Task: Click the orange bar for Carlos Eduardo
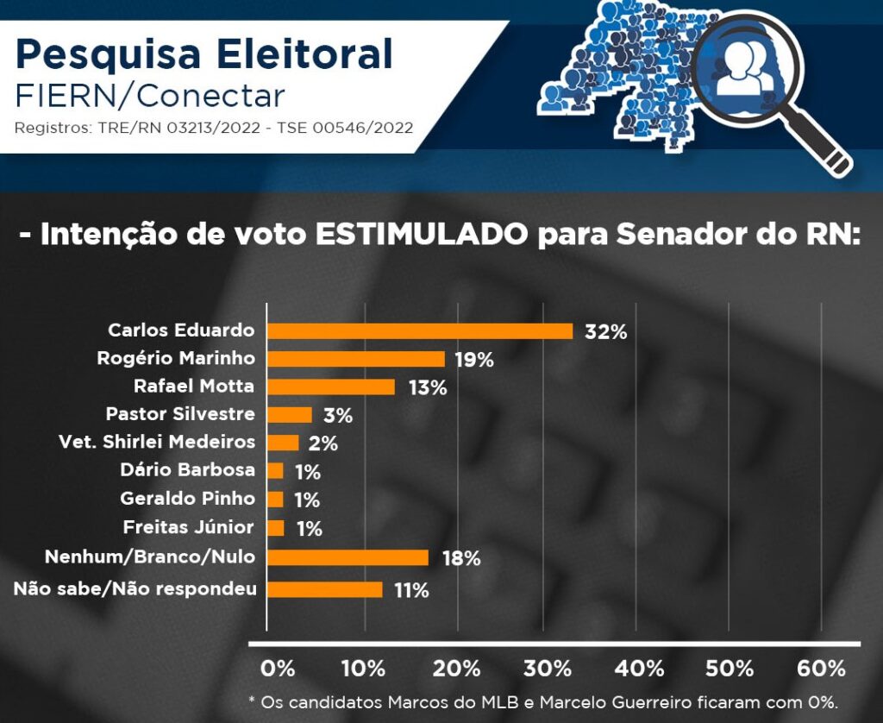click(420, 330)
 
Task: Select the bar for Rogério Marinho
click(356, 359)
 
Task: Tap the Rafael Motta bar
click(331, 387)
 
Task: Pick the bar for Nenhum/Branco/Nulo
click(348, 557)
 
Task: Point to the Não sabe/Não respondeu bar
click(325, 589)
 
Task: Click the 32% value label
click(605, 332)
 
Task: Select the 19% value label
click(473, 360)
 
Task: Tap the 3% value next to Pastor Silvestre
click(337, 416)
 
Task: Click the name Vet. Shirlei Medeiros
click(157, 442)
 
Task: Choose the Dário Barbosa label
click(187, 470)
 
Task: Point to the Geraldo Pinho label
click(187, 499)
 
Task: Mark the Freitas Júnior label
click(188, 527)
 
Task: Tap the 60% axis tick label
click(822, 669)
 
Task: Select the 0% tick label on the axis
click(277, 669)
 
